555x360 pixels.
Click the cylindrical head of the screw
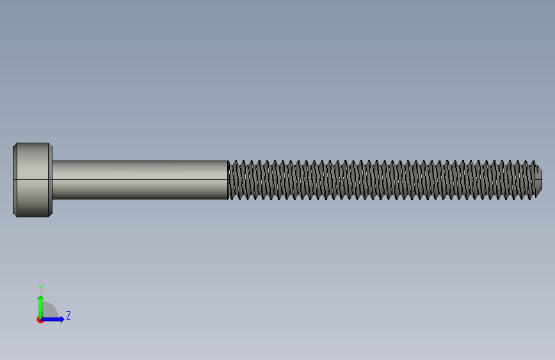[x=33, y=180]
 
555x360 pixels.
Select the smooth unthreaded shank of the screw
[x=140, y=180]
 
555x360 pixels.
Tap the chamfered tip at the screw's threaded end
[x=539, y=180]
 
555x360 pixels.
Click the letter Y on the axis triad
[x=41, y=288]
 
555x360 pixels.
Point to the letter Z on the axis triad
[x=68, y=315]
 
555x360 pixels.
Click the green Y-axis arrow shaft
[x=41, y=309]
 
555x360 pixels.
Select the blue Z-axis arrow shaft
[x=51, y=319]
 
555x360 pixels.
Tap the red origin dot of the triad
[x=40, y=320]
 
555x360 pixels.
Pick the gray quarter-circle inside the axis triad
[x=49, y=311]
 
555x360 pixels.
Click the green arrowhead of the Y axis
[x=41, y=299]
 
